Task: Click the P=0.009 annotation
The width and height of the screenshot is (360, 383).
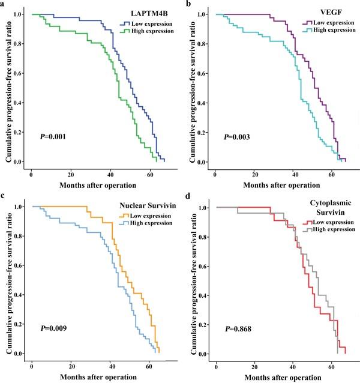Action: click(x=49, y=328)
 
